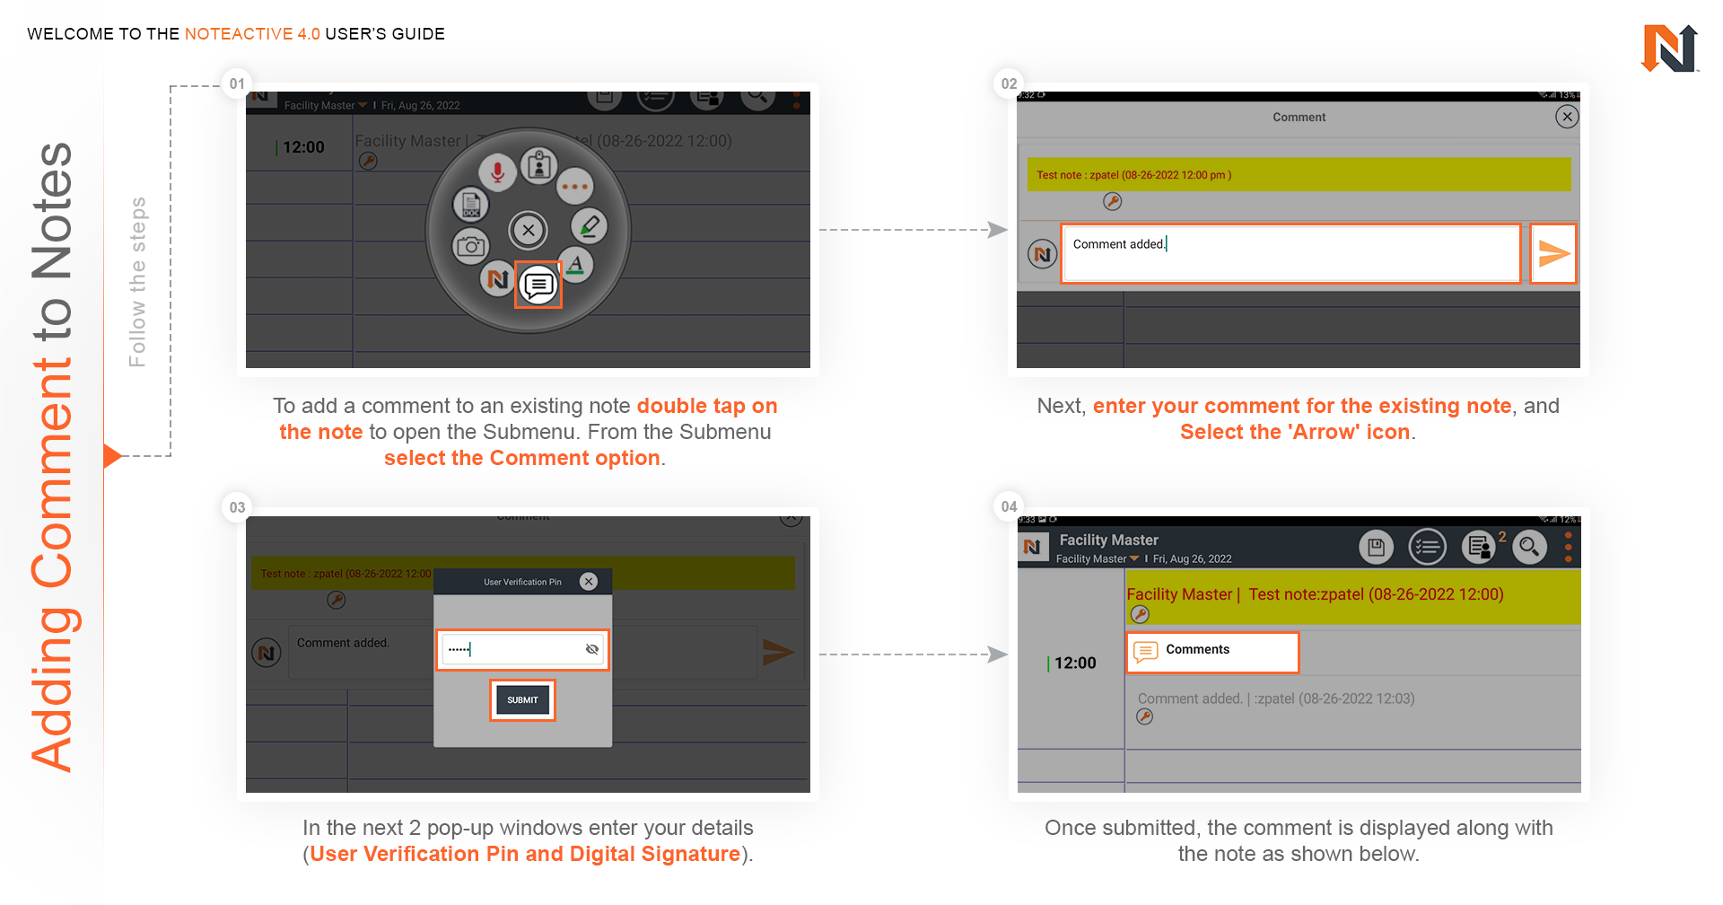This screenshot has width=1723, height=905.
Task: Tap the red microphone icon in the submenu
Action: [497, 171]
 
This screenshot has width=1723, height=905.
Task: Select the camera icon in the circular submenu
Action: [470, 246]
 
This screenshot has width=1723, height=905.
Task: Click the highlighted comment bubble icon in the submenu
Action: [538, 286]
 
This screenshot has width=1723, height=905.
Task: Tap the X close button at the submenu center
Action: [529, 230]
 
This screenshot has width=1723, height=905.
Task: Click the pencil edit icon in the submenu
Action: [589, 226]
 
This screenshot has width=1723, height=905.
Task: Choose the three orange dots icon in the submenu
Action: [574, 187]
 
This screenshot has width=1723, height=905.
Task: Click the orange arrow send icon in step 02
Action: [1553, 254]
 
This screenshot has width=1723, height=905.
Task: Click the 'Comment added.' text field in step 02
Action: [1290, 254]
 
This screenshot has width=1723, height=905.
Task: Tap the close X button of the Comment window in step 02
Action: [1567, 117]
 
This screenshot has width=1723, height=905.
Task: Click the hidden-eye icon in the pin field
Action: [592, 649]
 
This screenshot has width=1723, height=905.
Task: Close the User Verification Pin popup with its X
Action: [589, 582]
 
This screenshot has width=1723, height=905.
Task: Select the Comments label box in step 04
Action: [1212, 652]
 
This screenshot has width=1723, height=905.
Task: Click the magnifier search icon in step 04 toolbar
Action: [1529, 546]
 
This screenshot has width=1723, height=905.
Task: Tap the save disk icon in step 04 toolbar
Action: [1376, 546]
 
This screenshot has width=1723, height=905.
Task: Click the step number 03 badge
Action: [237, 507]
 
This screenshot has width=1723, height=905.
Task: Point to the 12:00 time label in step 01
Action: [303, 147]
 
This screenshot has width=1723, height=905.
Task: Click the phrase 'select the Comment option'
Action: [522, 458]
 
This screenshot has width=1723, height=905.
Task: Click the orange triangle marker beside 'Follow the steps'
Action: [111, 456]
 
